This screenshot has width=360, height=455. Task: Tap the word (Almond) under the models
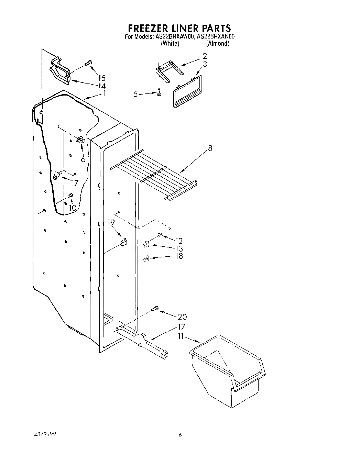pyautogui.click(x=217, y=43)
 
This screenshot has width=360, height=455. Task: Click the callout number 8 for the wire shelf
pyautogui.click(x=210, y=148)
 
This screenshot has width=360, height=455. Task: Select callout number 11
pyautogui.click(x=181, y=336)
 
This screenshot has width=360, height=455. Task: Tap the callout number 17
pyautogui.click(x=181, y=326)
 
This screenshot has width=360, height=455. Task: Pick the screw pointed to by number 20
pyautogui.click(x=155, y=309)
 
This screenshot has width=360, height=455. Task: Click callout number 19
pyautogui.click(x=111, y=223)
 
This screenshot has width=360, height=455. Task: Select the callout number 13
pyautogui.click(x=179, y=248)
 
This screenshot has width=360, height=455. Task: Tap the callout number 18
pyautogui.click(x=179, y=256)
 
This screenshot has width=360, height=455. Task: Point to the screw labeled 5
pyautogui.click(x=159, y=92)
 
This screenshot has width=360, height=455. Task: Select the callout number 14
pyautogui.click(x=101, y=86)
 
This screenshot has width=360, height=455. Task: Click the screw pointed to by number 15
pyautogui.click(x=88, y=63)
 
